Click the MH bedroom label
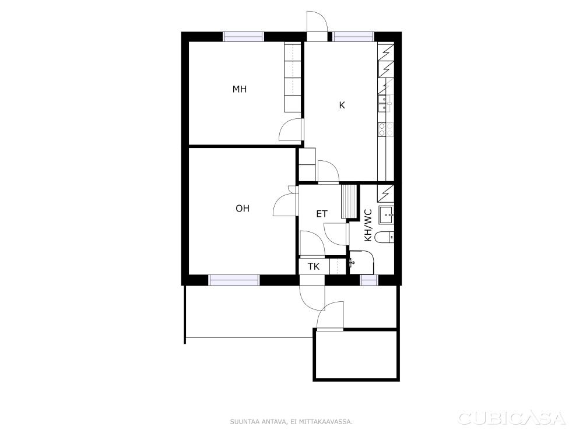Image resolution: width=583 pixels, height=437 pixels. click(x=240, y=89)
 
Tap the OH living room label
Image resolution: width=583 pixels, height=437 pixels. click(x=243, y=209)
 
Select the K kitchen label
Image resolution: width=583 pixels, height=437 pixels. click(x=342, y=105)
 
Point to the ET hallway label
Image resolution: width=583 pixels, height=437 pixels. click(x=322, y=214)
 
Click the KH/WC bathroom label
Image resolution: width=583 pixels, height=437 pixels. click(x=368, y=225)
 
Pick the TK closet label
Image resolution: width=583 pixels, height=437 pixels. click(x=314, y=266)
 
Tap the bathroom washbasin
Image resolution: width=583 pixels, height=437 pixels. click(x=387, y=215)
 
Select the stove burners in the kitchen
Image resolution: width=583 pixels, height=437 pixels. click(x=385, y=130)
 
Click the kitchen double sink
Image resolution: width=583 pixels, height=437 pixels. click(x=384, y=104)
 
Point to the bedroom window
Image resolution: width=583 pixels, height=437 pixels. click(x=243, y=37)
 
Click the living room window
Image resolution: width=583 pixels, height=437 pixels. click(x=234, y=280)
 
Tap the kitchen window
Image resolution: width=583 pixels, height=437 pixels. click(x=353, y=37)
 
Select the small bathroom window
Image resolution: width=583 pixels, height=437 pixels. click(x=369, y=280)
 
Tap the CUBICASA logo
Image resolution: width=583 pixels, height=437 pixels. click(x=512, y=418)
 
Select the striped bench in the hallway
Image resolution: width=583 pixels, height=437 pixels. click(x=349, y=201)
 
